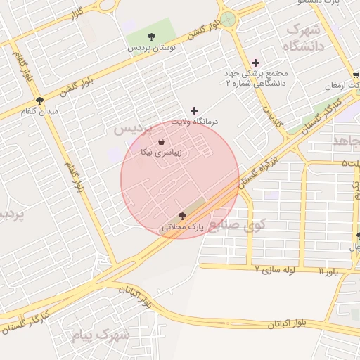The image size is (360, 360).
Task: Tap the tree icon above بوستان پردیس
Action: click(151, 36)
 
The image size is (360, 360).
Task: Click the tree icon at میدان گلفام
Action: click(39, 101)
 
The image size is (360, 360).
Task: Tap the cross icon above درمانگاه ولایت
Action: click(195, 110)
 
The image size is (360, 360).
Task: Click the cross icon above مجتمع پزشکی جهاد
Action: click(255, 63)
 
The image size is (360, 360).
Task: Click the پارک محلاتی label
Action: click(182, 227)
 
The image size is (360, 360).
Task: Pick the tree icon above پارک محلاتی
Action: click(183, 216)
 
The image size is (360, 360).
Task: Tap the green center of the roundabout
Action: click(228, 20)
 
